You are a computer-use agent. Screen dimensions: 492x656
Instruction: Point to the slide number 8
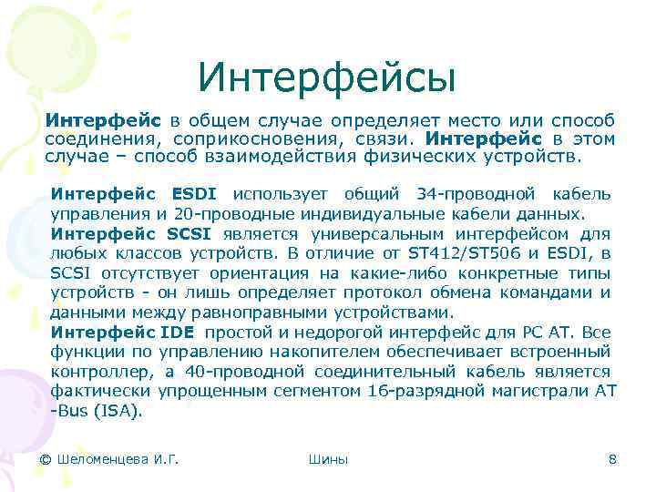612,459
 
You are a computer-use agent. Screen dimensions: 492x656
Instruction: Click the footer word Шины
328,459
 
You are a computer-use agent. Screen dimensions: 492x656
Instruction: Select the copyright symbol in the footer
46,459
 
